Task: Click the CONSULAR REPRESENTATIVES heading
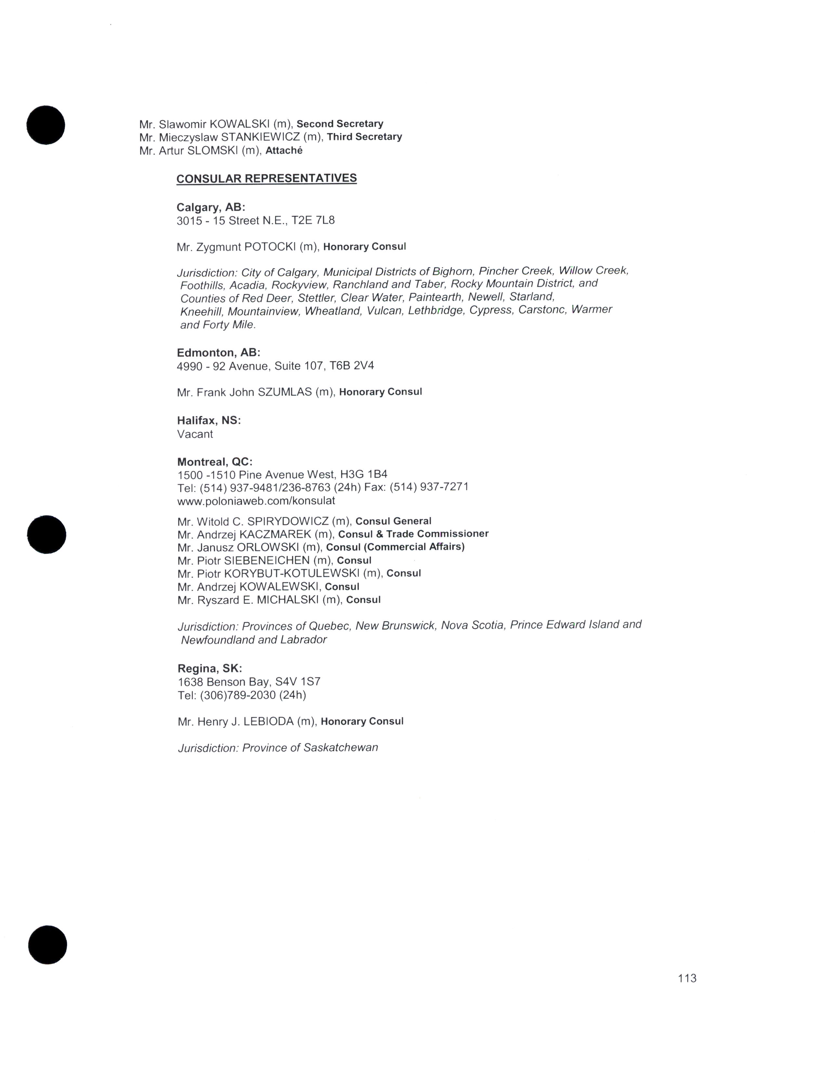266,178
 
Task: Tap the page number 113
687,978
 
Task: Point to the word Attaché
284,151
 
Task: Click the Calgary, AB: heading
211,207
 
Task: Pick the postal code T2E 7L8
313,220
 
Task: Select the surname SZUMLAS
285,392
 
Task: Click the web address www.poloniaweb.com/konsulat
256,501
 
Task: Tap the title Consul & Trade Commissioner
413,534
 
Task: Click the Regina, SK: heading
210,668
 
